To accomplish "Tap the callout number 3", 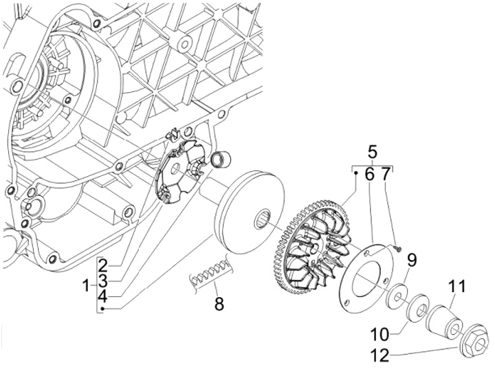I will pyautogui.click(x=101, y=281).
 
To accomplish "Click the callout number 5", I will pyautogui.click(x=373, y=152).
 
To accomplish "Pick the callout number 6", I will pyautogui.click(x=369, y=175).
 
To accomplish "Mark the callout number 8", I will pyautogui.click(x=219, y=303).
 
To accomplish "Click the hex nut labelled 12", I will pyautogui.click(x=473, y=340).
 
